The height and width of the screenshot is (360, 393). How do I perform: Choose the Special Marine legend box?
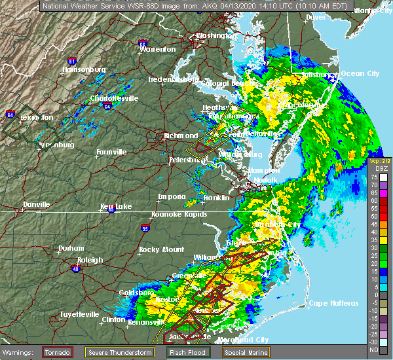coord(248,351)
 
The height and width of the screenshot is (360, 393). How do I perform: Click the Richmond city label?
coord(182,136)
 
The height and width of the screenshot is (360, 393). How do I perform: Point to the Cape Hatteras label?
coord(333,303)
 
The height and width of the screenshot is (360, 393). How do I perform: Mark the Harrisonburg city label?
coord(83,70)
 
